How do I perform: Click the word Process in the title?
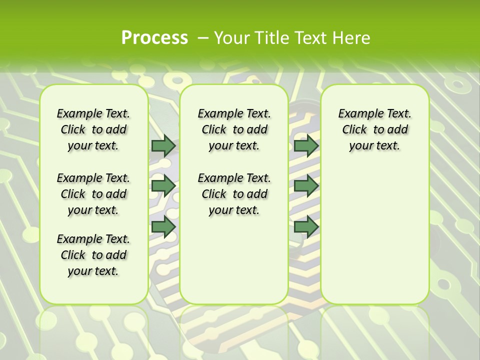point(154,37)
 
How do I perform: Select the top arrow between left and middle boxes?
point(163,145)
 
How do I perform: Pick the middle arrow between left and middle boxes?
point(163,185)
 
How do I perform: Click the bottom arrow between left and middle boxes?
point(163,226)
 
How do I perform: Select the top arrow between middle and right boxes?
point(306,145)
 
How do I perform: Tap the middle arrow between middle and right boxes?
point(306,185)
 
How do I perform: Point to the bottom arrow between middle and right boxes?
point(306,226)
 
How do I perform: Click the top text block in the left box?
point(93,129)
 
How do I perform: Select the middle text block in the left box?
point(93,194)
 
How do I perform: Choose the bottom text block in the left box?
point(93,255)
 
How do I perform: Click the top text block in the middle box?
point(234,129)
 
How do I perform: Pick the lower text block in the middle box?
point(234,194)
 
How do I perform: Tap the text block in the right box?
point(374,129)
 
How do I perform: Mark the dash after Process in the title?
point(203,37)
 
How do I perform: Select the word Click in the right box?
point(354,130)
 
